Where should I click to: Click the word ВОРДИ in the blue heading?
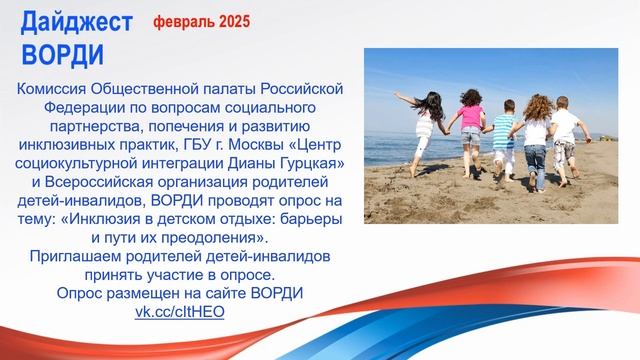(x=61, y=50)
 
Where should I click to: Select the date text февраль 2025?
(x=202, y=20)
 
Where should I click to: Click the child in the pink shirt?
(x=470, y=135)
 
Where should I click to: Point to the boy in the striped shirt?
(x=505, y=140)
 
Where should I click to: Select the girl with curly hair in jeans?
(x=536, y=145)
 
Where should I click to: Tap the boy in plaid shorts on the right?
(x=566, y=140)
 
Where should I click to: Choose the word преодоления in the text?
(x=217, y=238)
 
